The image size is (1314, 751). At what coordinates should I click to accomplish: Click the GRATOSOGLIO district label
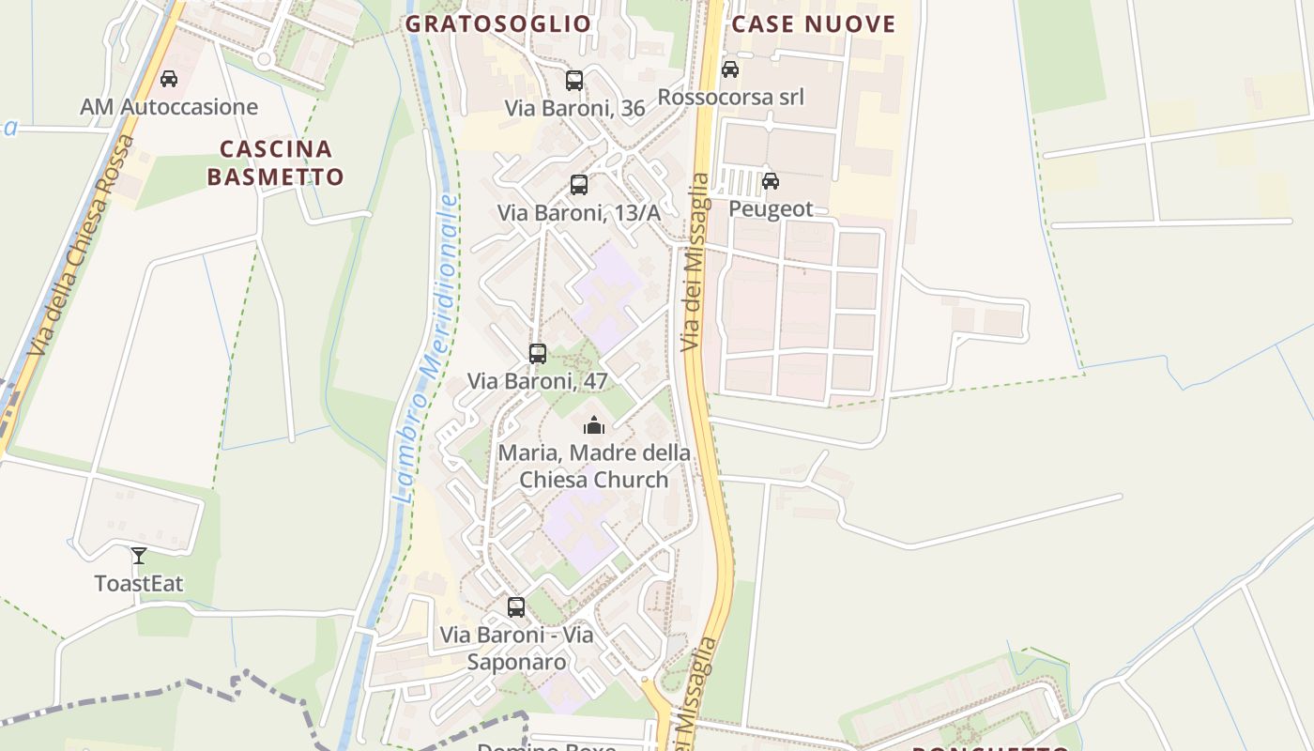498,23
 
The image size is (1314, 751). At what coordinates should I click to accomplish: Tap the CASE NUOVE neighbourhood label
814,23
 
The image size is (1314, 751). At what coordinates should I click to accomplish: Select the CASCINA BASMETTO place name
276,162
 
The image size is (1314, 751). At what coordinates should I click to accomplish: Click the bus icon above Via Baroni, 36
574,81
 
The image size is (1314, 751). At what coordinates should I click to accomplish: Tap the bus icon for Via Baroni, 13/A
579,185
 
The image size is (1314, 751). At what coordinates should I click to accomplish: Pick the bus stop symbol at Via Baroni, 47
538,354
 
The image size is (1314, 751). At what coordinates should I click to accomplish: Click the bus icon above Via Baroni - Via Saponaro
516,607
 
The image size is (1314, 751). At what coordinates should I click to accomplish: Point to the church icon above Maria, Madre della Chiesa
594,425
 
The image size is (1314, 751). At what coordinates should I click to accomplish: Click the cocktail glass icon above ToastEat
139,556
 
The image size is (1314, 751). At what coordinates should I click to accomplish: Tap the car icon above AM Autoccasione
169,79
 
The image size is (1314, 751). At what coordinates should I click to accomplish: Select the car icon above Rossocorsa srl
730,69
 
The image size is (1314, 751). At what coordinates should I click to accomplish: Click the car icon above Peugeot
771,181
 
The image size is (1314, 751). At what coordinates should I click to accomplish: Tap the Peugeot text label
771,208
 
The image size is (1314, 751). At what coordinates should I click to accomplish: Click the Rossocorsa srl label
730,97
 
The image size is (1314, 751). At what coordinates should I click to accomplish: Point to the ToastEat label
139,583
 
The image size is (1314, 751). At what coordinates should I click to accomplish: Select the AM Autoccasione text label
169,107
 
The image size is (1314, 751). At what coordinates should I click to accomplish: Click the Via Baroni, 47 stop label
538,381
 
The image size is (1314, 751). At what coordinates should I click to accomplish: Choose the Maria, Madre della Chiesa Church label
594,467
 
